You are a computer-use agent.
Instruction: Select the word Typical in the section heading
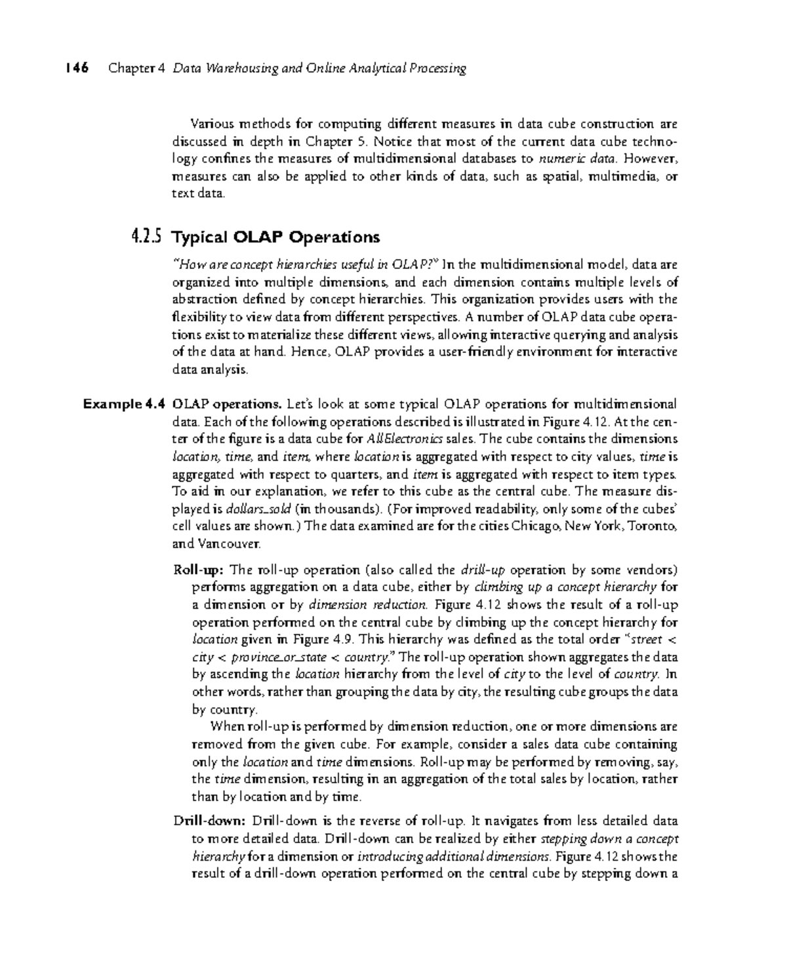[199, 237]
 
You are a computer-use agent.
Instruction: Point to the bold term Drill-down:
[209, 821]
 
